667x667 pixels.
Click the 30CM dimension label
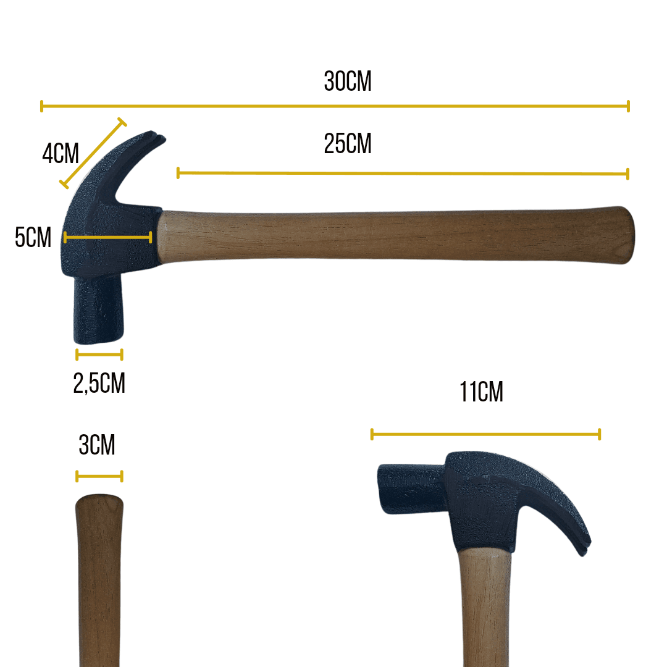[x=348, y=82]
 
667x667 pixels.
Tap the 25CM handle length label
[x=348, y=144]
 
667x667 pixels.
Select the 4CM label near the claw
[x=61, y=154]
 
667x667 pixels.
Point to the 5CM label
[x=33, y=237]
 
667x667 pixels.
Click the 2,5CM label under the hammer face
[x=99, y=384]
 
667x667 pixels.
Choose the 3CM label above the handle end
[x=97, y=445]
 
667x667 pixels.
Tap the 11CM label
[x=481, y=392]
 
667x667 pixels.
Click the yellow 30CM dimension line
[x=335, y=106]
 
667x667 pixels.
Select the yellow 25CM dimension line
[x=403, y=173]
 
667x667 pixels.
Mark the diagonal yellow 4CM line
[x=93, y=153]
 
